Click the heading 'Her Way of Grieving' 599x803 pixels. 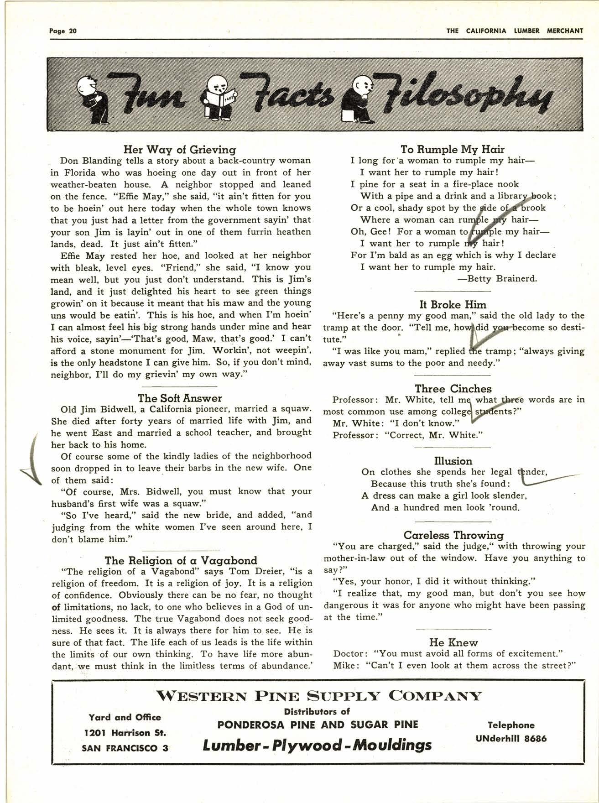click(x=180, y=149)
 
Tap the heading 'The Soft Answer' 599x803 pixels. click(x=180, y=398)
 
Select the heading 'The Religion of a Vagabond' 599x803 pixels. click(x=181, y=560)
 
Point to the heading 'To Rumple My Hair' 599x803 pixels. click(x=452, y=149)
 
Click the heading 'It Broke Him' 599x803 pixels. click(x=453, y=304)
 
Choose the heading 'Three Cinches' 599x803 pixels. click(x=453, y=389)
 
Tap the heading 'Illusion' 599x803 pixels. click(x=453, y=461)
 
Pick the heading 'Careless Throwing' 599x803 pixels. click(x=453, y=535)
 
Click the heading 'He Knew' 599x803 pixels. click(x=453, y=642)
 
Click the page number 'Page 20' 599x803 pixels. click(x=63, y=31)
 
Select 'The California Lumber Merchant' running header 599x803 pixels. click(x=514, y=31)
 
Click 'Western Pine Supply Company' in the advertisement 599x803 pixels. click(x=318, y=696)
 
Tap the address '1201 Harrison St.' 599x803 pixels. click(x=125, y=733)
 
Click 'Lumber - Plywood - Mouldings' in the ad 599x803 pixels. click(x=317, y=746)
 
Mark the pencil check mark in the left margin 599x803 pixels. click(x=33, y=461)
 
